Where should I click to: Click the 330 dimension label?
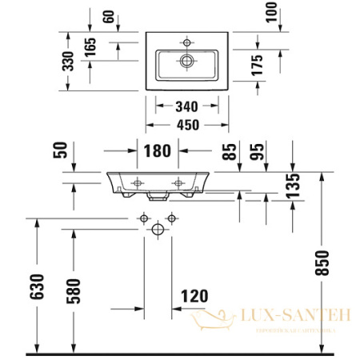tap(70, 60)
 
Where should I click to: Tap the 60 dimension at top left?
tap(109, 17)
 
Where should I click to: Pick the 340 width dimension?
tap(186, 106)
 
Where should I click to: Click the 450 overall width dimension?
tap(186, 125)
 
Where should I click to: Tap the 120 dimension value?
tap(193, 296)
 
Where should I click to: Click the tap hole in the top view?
tap(186, 42)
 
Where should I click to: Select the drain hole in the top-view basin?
tap(186, 59)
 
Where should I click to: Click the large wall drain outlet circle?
tap(158, 229)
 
